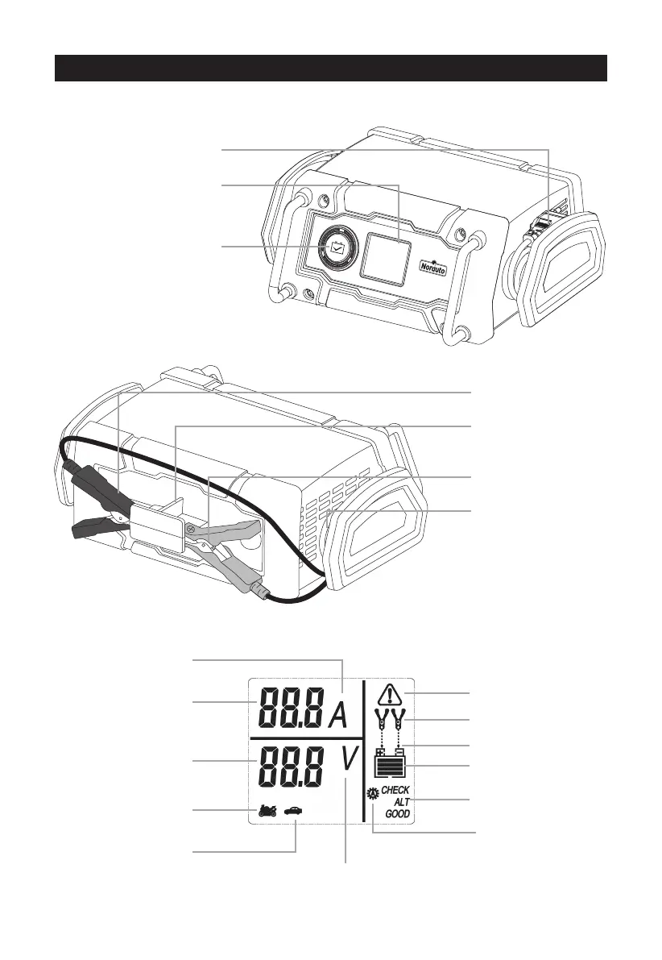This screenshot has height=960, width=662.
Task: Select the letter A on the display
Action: [x=337, y=716]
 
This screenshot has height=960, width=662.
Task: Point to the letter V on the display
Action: [x=350, y=761]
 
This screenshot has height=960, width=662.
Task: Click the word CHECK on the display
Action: [x=395, y=790]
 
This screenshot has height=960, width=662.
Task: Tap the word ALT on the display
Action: [x=400, y=802]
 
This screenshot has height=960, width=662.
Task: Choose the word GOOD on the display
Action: [x=397, y=815]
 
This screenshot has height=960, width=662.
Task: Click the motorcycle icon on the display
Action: [x=267, y=810]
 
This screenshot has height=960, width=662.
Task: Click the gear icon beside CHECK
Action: [x=373, y=792]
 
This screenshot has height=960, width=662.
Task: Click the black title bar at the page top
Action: [x=330, y=69]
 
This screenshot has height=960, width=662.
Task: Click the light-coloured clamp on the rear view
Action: [x=230, y=548]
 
